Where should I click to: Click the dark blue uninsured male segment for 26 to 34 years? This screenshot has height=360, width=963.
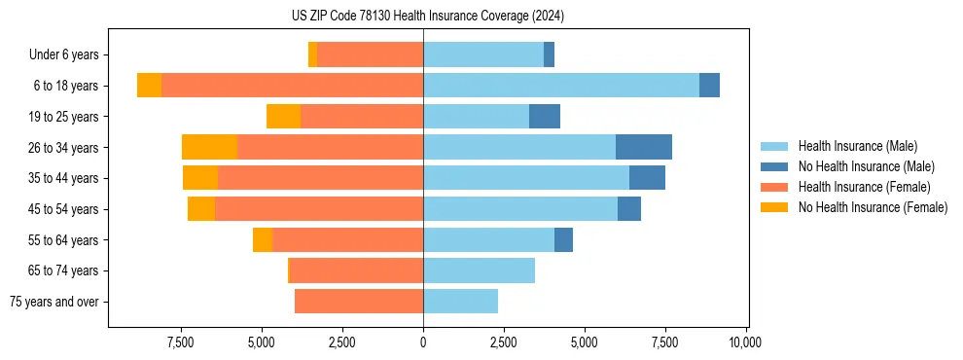point(643,147)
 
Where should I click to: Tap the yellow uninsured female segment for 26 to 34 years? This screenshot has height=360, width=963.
point(209,147)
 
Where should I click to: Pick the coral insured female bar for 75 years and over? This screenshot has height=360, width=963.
point(358,302)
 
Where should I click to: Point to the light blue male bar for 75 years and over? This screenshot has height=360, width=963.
point(460,302)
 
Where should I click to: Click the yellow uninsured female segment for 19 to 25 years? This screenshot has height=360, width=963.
point(283,117)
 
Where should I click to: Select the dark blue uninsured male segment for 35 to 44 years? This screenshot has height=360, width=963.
point(647,178)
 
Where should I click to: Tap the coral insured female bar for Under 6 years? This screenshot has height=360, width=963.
point(370,54)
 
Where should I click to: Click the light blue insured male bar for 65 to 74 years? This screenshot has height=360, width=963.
point(479,270)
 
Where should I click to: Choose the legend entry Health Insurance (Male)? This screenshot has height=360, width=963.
point(857,146)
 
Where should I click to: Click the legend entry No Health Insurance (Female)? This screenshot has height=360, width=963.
point(873,207)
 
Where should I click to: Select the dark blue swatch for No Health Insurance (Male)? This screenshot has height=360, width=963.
point(774,166)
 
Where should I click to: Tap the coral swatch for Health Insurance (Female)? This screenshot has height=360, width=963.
point(774,187)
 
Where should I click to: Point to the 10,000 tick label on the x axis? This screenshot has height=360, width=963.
point(745,342)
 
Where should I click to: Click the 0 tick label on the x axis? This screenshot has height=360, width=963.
point(423,342)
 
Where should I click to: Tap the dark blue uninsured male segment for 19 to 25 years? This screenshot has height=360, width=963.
point(545,117)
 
